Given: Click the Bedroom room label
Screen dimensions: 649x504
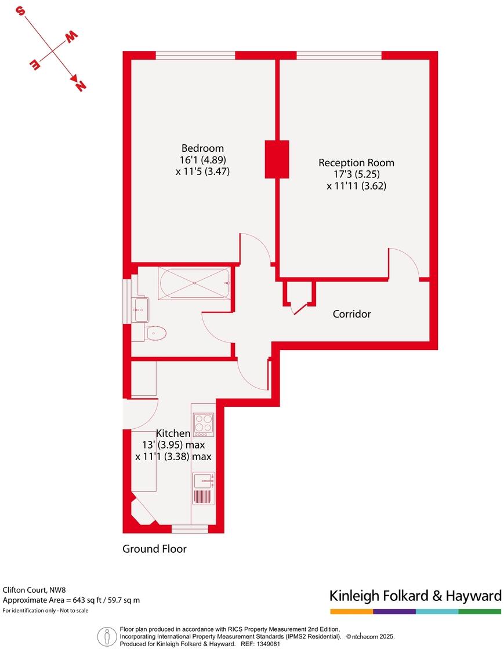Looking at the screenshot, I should pos(202,148).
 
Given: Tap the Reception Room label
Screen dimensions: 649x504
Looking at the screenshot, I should pos(356,162).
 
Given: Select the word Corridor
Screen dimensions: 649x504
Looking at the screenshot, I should pos(351,314).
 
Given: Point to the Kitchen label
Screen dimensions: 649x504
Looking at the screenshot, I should pos(173,433).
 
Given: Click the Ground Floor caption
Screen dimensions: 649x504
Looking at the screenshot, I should pos(154,549).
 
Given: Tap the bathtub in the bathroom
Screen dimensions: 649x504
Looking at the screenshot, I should pos(194,284).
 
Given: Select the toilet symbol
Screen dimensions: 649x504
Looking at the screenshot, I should pos(155,333).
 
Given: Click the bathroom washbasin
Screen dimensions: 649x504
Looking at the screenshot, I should pos(140,309).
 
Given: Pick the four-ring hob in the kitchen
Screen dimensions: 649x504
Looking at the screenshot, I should pos(203,425).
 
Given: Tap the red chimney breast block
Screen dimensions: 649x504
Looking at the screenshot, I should pos(277,159).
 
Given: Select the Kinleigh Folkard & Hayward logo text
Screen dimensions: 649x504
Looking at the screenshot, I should pos(415,596).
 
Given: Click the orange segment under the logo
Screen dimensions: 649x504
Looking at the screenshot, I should pos(351,611).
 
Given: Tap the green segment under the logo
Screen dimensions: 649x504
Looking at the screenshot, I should pos(480,611).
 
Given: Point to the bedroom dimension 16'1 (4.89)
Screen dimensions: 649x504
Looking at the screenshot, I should pos(202,159).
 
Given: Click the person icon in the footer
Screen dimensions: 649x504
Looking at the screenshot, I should pos(107,636).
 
